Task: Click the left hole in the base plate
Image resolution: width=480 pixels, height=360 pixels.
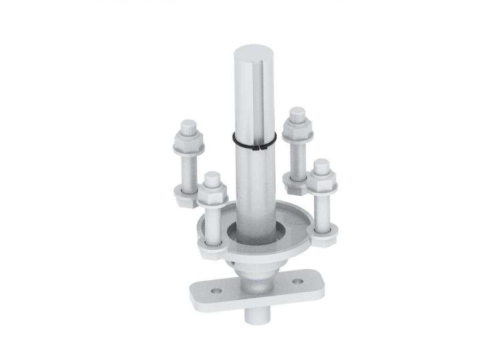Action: pos(215,291)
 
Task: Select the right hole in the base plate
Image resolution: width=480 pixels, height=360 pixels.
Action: pos(298,281)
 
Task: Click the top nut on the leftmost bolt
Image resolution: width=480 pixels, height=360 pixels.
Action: pos(188,143)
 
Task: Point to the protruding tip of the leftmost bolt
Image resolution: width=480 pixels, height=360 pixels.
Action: pos(188,127)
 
